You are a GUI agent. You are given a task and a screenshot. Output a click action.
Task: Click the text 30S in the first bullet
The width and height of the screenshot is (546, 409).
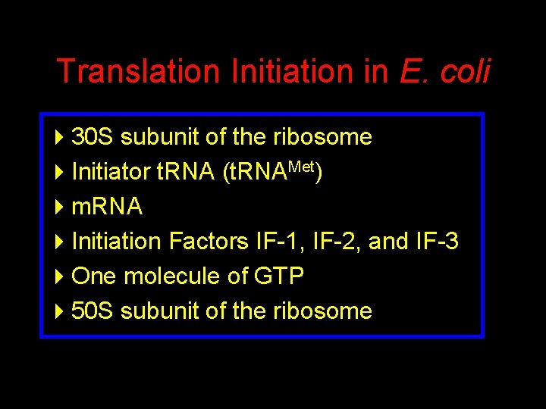(93, 137)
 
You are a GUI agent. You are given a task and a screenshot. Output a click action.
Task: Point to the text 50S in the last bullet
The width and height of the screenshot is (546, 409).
(93, 311)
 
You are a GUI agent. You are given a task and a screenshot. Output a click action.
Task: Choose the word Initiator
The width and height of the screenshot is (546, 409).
(111, 172)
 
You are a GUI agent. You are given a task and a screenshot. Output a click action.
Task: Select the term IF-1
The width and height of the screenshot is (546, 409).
(278, 242)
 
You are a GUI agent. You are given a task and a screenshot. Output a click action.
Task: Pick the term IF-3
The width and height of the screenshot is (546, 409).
(437, 242)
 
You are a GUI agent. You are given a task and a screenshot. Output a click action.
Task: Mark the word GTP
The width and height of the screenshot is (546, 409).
(279, 276)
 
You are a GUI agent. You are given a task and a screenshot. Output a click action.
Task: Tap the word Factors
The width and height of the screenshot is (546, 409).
(208, 242)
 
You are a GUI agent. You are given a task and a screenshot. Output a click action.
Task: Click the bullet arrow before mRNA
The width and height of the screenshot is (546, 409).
(61, 207)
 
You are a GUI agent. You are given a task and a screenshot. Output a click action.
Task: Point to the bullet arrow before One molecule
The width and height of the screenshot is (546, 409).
(61, 276)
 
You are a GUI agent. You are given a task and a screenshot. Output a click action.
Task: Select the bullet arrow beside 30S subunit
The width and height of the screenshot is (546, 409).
(61, 137)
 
